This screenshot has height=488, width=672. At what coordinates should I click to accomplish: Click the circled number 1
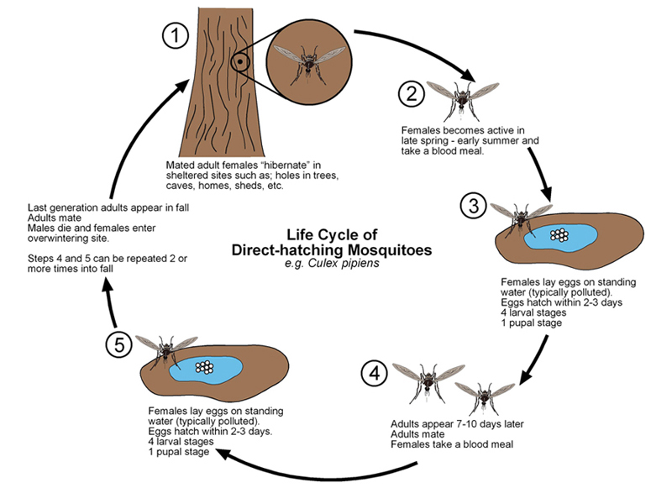click(x=175, y=36)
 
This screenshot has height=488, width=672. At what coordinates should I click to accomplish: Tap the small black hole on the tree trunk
click(x=239, y=61)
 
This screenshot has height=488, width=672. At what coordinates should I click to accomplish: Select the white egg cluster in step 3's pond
click(x=558, y=236)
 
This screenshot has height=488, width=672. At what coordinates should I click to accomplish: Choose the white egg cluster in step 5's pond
click(x=203, y=366)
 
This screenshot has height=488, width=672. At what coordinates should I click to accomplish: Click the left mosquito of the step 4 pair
click(x=427, y=382)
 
